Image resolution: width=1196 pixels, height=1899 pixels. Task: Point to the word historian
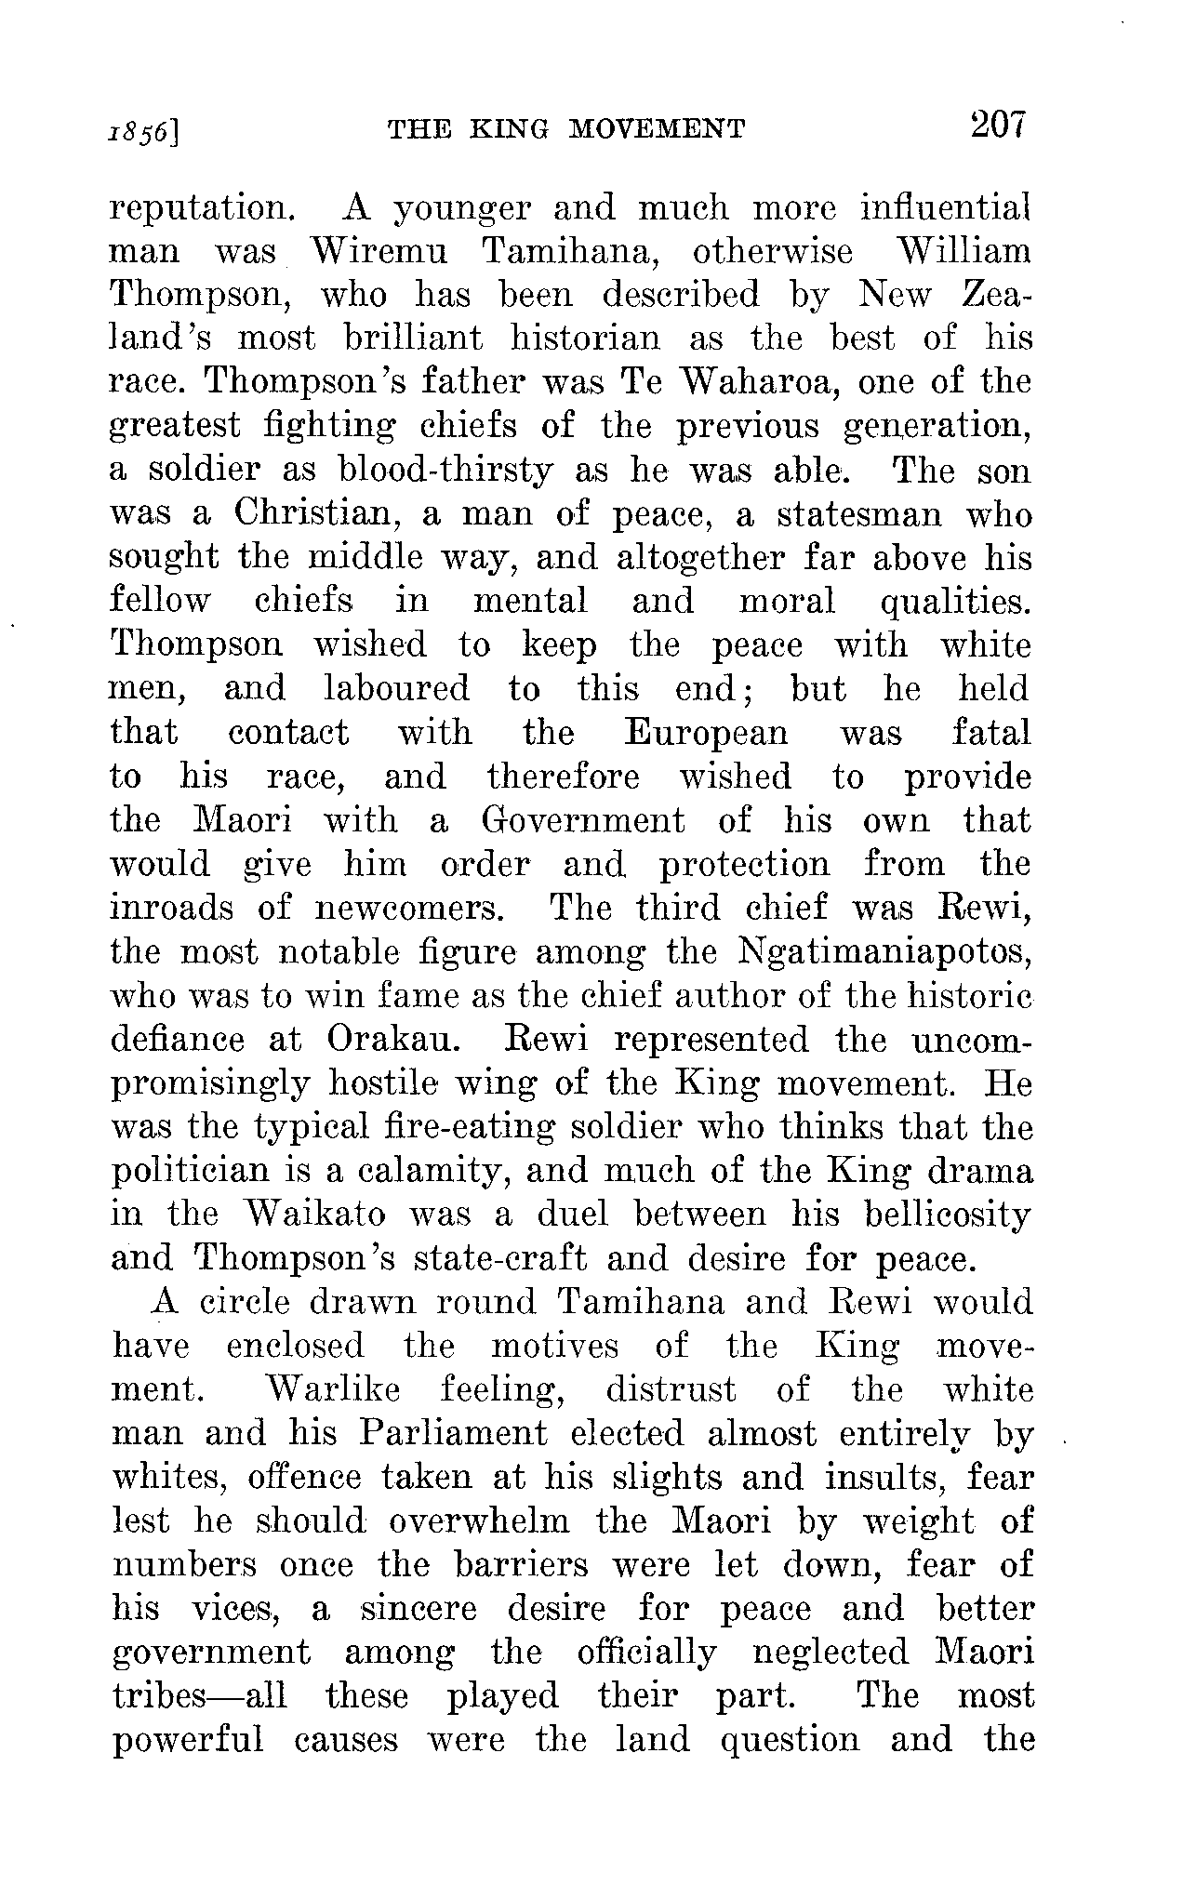[x=585, y=339]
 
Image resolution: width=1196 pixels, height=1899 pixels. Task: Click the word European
[x=706, y=734]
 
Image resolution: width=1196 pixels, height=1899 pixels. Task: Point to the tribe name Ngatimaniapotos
[x=884, y=952]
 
